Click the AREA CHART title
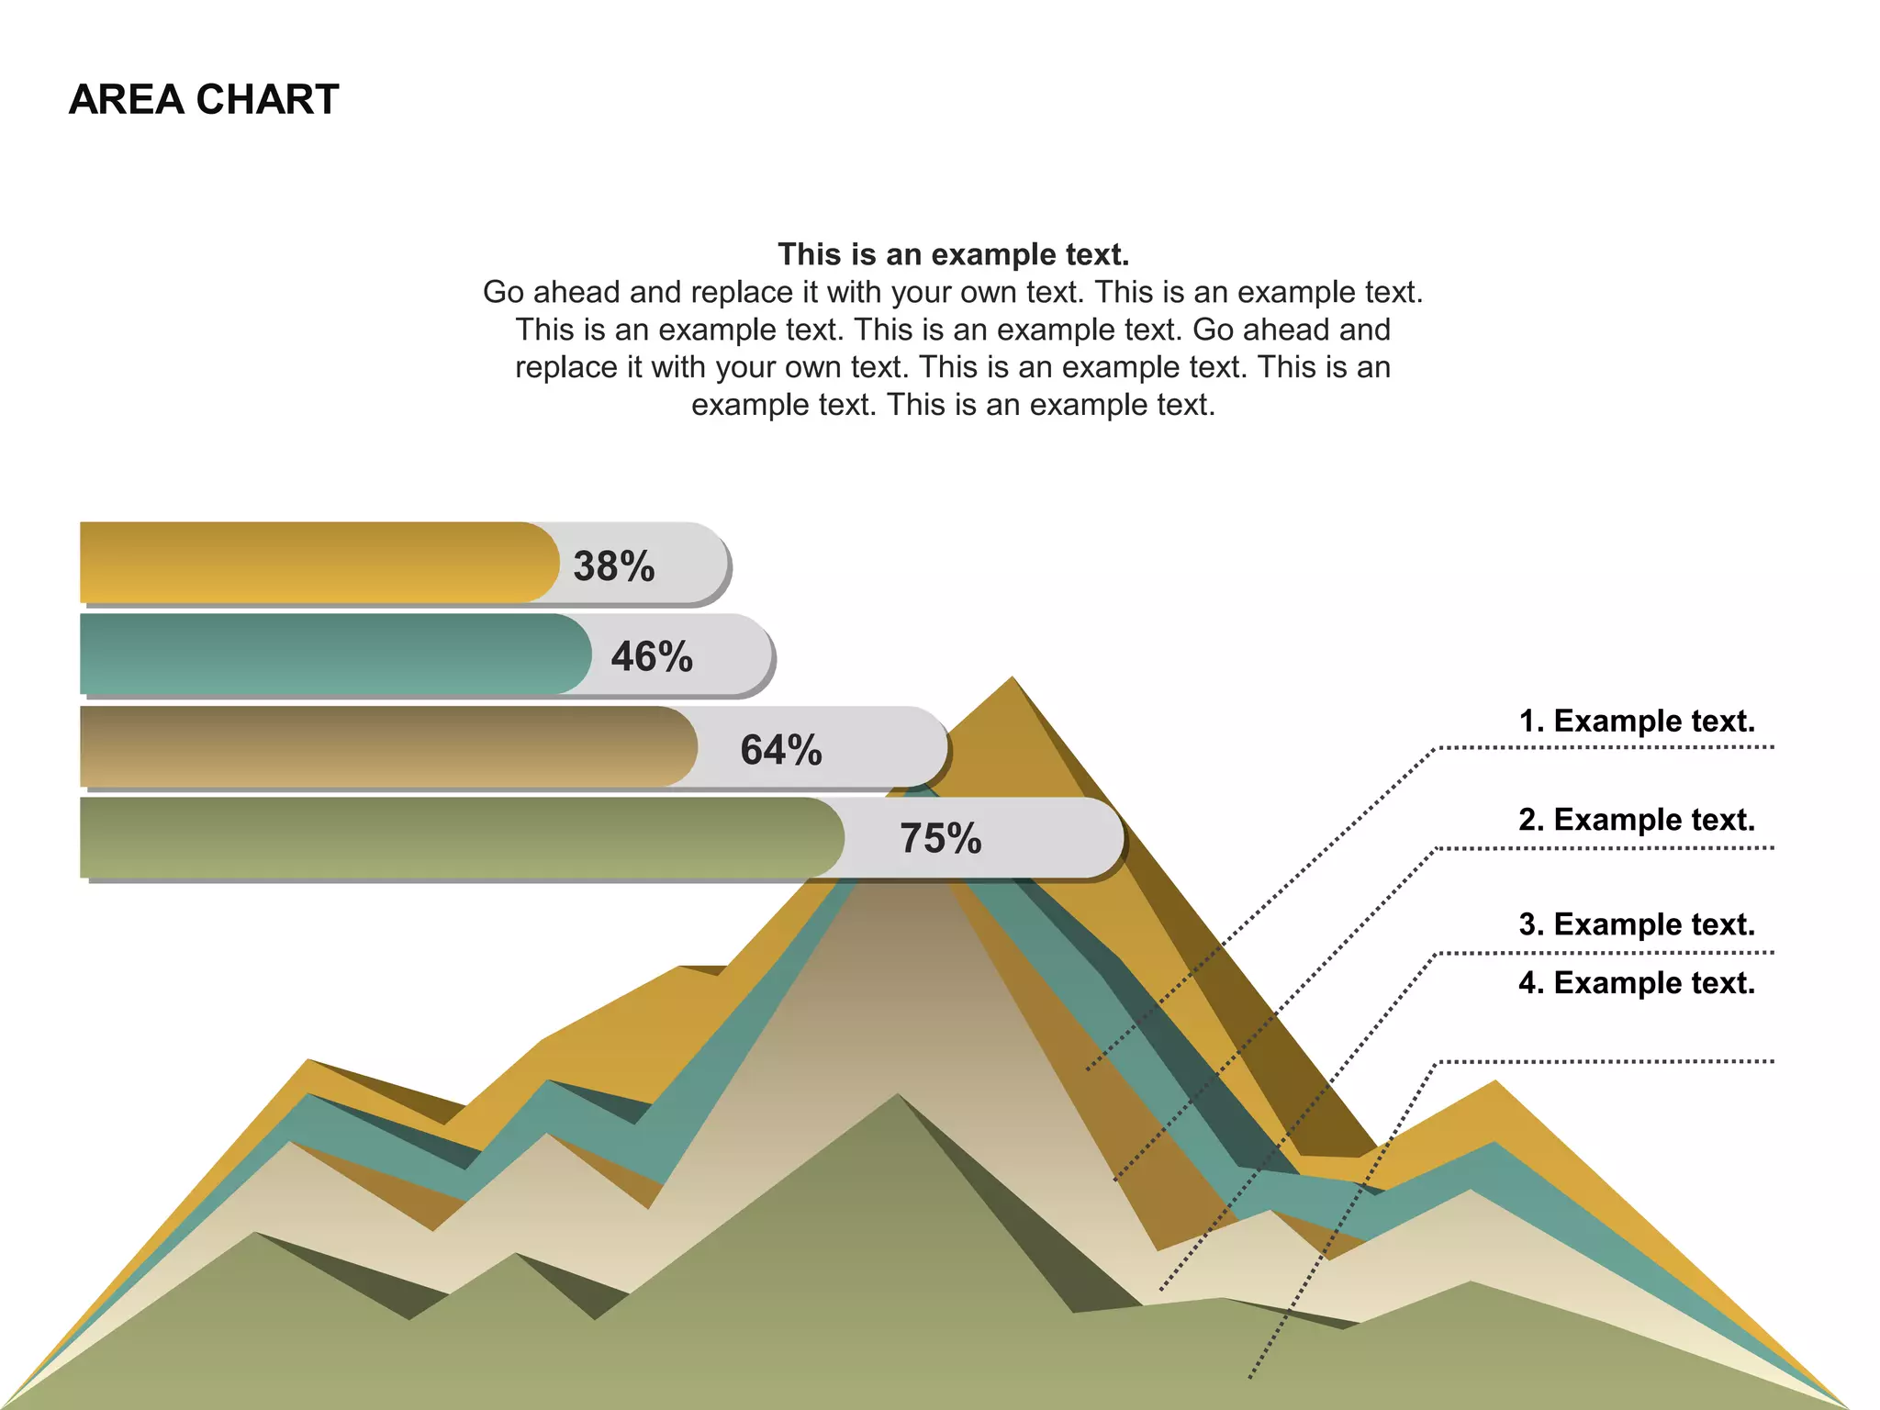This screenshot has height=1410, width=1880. pos(204,99)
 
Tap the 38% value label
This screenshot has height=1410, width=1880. pos(614,565)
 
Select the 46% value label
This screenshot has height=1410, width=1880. pos(652,656)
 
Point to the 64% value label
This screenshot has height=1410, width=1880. pos(781,749)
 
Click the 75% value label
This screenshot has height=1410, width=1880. pos(941,837)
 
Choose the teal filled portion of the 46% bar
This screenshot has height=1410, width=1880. pos(330,654)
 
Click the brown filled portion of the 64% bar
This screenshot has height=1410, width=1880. pos(386,746)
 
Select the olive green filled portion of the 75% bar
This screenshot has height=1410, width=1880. pos(459,837)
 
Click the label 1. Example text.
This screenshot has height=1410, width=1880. pos(1637,721)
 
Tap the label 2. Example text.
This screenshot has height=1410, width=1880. pos(1637,819)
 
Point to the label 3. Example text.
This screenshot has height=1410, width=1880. pos(1637,923)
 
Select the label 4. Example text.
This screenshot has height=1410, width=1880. pos(1637,982)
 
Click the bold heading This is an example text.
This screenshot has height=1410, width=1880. pos(953,254)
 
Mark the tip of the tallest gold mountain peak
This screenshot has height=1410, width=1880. pos(1012,679)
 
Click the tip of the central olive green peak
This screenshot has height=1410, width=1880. pos(898,1096)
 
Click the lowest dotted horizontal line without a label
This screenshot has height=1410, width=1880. pos(1606,1062)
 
